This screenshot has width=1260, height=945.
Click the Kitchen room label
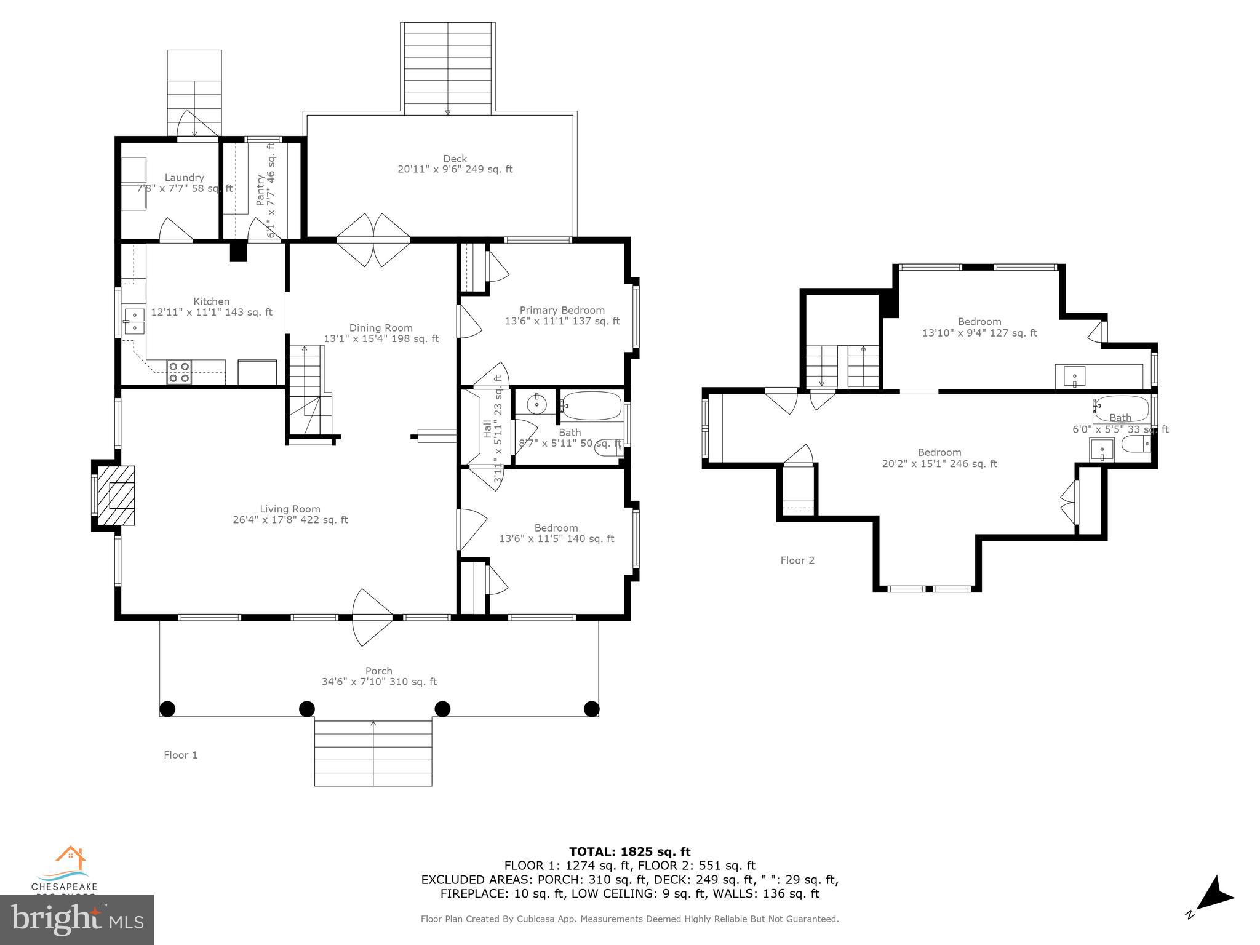212,306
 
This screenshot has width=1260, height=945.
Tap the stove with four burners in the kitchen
179,373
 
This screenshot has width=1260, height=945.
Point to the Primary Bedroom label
562,315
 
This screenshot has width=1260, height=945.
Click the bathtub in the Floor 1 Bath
591,405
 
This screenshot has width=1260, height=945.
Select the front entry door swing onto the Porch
372,616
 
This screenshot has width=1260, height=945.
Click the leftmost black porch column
167,709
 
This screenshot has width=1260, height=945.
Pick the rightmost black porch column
591,709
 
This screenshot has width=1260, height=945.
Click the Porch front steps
373,752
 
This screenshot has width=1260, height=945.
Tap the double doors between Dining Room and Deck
373,240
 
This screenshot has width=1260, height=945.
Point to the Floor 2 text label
797,560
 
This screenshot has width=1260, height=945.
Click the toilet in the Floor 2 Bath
1136,444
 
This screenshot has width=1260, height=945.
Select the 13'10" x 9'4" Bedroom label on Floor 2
979,327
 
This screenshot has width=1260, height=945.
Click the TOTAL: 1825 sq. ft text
629,851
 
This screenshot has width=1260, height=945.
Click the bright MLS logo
76,919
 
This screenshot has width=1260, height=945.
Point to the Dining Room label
381,333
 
